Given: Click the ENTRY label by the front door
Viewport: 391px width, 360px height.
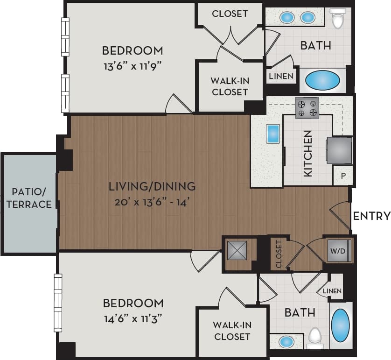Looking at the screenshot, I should [371, 216].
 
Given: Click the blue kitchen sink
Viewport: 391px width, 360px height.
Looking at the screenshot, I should [272, 134].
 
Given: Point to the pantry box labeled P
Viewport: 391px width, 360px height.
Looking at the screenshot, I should [343, 176].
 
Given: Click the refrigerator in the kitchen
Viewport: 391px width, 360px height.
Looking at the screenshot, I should [339, 150].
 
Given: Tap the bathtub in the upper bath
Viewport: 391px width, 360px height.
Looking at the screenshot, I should [322, 80].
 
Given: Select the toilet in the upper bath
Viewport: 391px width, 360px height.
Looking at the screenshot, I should [337, 19].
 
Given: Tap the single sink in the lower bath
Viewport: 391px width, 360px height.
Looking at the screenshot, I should [286, 342].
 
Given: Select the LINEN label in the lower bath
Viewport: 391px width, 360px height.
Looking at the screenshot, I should [333, 291].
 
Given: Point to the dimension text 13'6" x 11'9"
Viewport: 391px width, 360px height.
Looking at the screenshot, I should [133, 66].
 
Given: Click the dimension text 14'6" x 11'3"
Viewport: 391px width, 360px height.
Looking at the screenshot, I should [133, 319].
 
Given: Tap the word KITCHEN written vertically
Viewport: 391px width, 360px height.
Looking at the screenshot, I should [307, 153].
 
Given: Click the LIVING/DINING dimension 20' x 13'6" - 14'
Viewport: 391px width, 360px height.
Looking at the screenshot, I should [152, 203].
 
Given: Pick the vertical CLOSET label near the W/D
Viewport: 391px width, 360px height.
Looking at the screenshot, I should [279, 254].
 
